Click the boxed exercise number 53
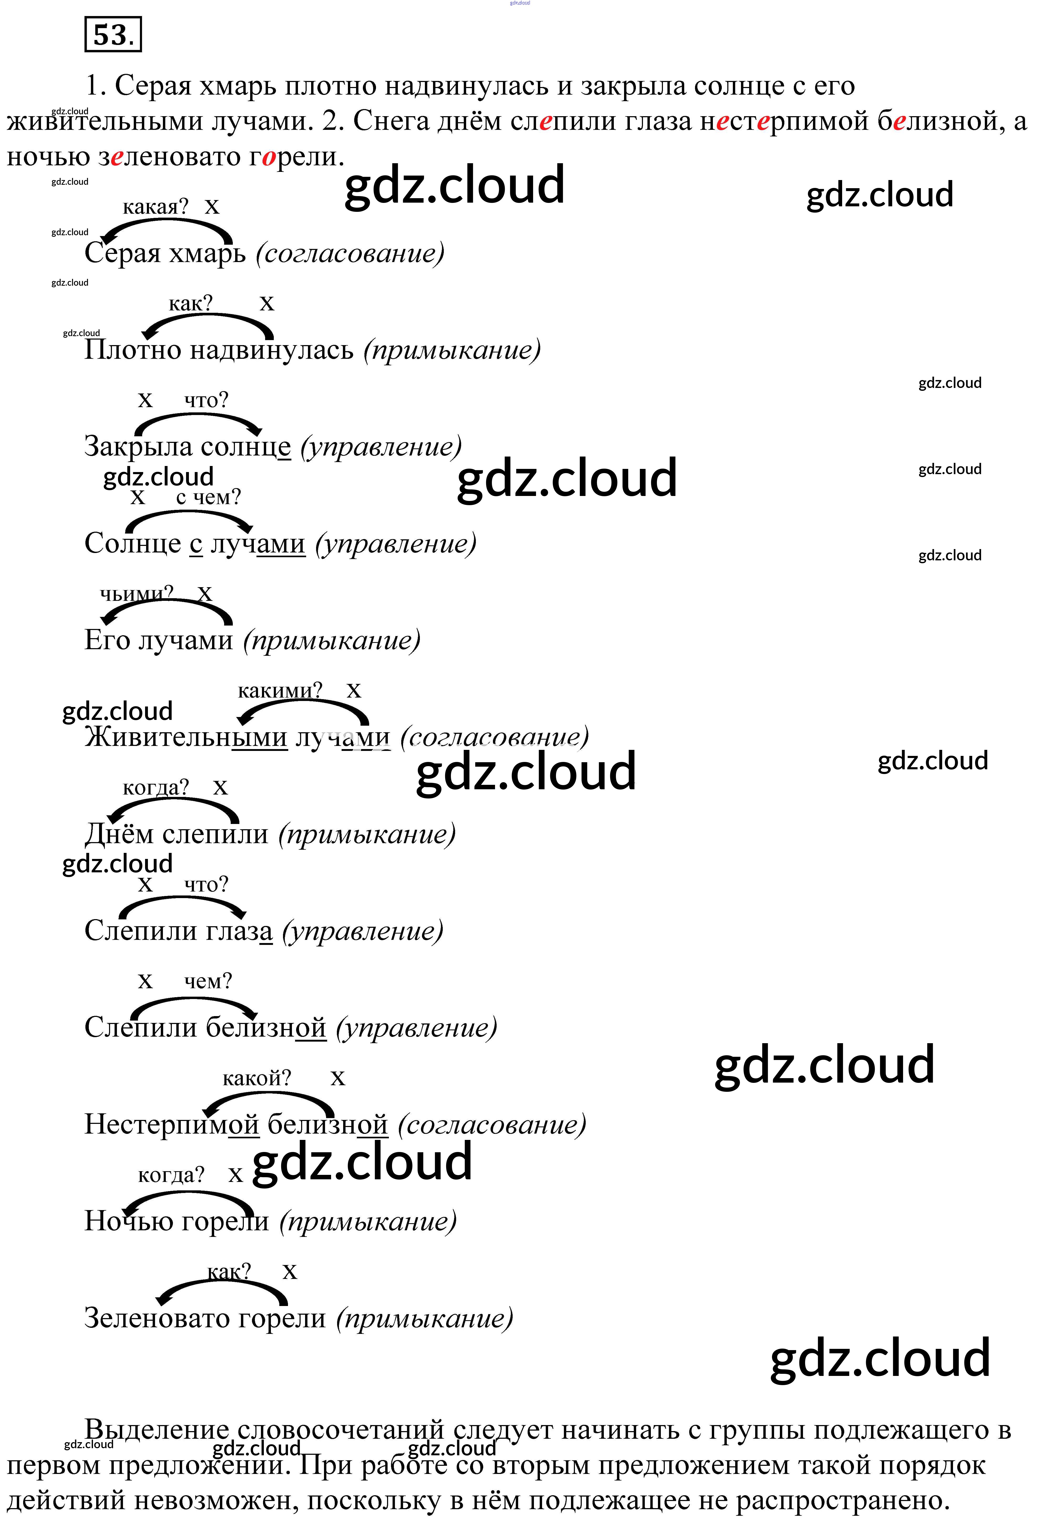click(x=112, y=35)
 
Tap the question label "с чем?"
click(x=208, y=497)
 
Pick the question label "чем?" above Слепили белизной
click(x=208, y=981)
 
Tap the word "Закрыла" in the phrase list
click(x=137, y=447)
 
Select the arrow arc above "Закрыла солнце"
click(x=196, y=418)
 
